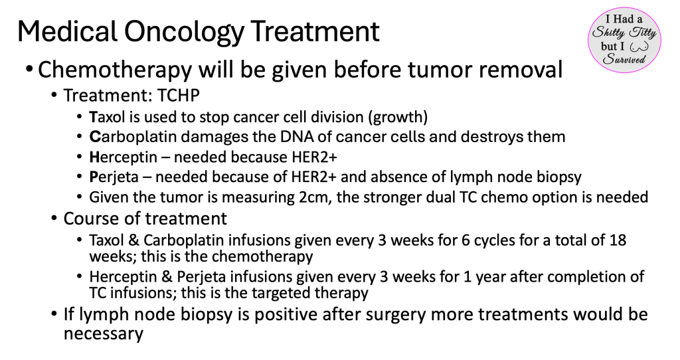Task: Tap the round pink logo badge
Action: (624, 39)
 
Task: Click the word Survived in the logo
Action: (624, 59)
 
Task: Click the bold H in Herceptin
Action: (94, 157)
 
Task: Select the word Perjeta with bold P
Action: (114, 177)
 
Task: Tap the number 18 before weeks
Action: (618, 240)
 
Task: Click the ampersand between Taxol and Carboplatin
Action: (132, 240)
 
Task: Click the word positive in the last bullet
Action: (286, 315)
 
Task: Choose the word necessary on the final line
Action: (103, 334)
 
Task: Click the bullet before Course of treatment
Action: (54, 218)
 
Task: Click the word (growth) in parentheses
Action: (400, 118)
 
